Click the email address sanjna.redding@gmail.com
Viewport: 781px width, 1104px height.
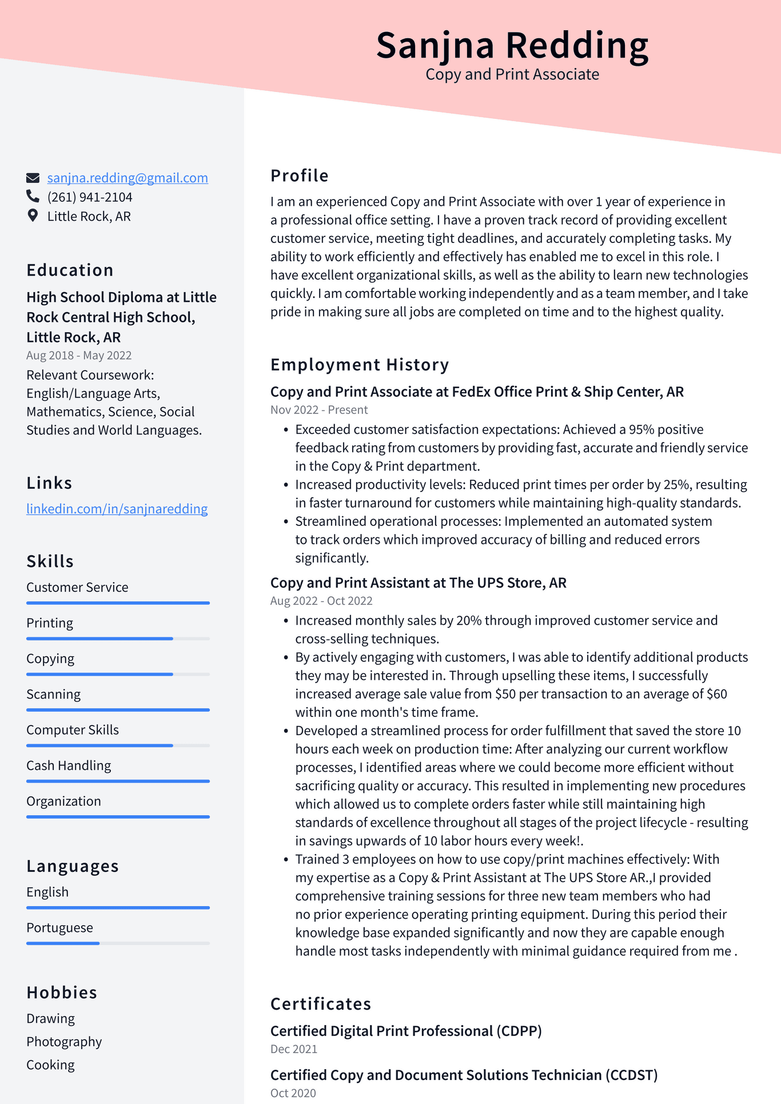point(127,178)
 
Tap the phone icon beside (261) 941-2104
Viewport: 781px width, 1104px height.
point(33,197)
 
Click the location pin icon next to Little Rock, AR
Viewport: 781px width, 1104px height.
point(33,216)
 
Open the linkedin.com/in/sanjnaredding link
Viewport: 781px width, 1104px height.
point(117,509)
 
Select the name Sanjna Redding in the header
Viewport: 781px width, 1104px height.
point(512,45)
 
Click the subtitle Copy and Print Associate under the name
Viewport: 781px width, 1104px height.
point(512,74)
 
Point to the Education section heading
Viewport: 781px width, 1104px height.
point(70,270)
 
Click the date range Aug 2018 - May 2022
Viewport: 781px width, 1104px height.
point(79,355)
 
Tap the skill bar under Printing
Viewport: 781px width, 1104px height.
point(118,639)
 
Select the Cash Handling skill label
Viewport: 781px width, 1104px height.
point(69,766)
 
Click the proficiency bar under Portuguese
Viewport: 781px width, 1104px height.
point(118,943)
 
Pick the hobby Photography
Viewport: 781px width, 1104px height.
point(64,1042)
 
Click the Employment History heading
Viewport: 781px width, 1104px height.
point(360,365)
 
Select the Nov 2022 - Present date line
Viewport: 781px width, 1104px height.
point(319,410)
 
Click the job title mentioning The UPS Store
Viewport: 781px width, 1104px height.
point(418,583)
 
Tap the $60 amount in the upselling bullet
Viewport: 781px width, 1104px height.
point(717,694)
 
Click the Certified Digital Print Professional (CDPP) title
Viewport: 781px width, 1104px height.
point(406,1031)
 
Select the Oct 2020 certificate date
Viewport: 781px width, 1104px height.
point(293,1093)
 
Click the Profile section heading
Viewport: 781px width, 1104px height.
point(299,176)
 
